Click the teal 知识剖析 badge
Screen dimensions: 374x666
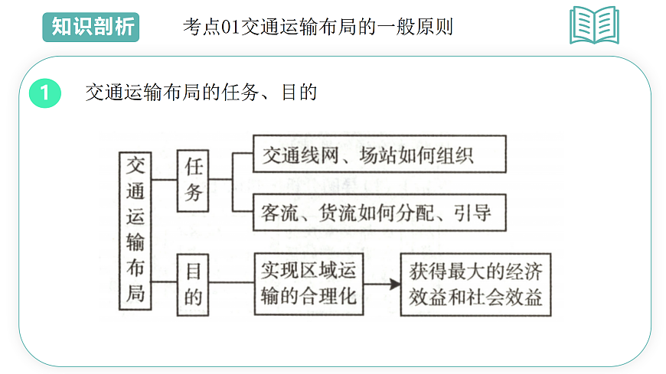point(90,27)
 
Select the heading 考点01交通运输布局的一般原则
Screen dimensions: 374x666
point(318,28)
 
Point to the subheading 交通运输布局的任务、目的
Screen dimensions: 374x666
point(201,93)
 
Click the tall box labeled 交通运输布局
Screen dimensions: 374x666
point(135,229)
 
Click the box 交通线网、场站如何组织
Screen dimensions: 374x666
point(379,155)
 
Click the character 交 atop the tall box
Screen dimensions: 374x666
point(135,164)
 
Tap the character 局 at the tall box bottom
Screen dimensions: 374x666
point(135,293)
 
